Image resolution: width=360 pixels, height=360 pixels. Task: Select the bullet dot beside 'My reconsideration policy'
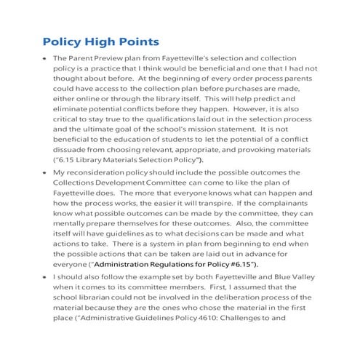(45, 172)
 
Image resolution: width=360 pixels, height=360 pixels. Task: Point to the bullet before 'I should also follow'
(45, 277)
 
